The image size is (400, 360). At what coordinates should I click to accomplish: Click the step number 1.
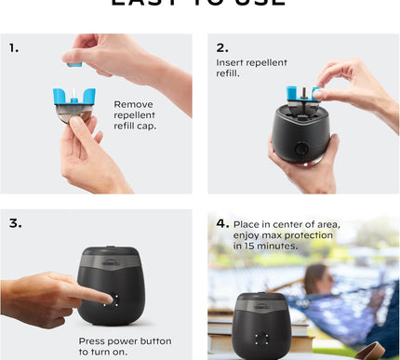click(14, 47)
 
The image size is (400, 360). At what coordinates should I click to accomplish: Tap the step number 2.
click(221, 47)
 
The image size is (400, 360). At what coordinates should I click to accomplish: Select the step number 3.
click(15, 223)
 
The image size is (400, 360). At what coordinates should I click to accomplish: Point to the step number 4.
click(222, 223)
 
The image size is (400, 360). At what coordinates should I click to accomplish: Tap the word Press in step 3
click(94, 340)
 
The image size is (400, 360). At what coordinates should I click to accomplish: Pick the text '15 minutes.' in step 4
click(270, 246)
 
